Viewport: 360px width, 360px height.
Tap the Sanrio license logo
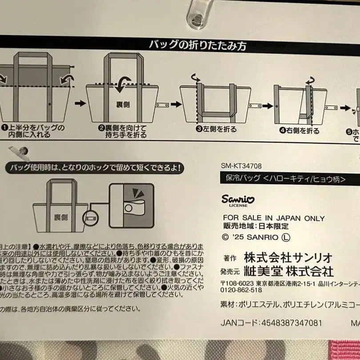pos(239,200)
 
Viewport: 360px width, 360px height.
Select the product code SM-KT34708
pos(241,166)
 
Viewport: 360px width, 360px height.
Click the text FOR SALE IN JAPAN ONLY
pos(273,218)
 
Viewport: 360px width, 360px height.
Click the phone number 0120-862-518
pos(241,290)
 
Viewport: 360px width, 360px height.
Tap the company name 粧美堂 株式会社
pos(289,271)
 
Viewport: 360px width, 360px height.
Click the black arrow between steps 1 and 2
pos(79,103)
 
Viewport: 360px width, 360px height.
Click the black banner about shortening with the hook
pos(94,168)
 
